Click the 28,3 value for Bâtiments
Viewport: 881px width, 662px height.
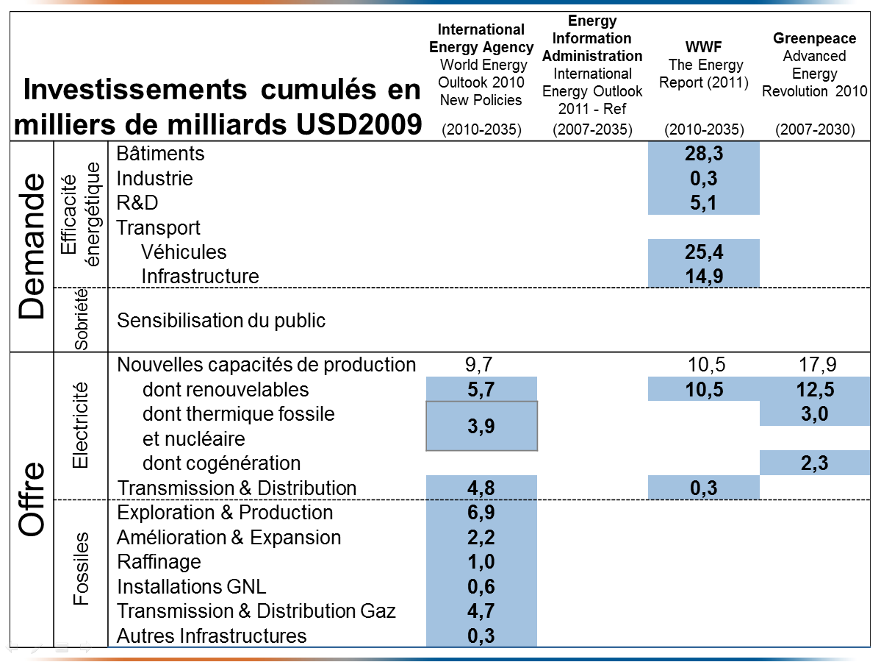(x=703, y=154)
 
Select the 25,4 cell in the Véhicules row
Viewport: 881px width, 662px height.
(x=703, y=252)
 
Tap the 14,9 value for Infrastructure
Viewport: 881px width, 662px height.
(x=703, y=277)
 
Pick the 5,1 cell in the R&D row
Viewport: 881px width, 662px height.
(x=703, y=202)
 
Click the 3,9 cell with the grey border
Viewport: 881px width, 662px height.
(x=482, y=426)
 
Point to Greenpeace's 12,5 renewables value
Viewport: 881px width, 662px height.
(x=814, y=389)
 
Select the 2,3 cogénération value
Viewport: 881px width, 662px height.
(x=814, y=463)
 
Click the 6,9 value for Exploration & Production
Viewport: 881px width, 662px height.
(x=481, y=513)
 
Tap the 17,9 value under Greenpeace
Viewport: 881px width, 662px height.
(x=814, y=364)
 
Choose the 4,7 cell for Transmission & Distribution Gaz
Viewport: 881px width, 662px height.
(x=481, y=611)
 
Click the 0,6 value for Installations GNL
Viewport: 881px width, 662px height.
(x=481, y=586)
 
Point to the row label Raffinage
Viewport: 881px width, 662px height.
(x=159, y=562)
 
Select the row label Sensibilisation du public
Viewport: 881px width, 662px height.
(x=221, y=321)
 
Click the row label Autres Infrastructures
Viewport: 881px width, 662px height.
(x=212, y=636)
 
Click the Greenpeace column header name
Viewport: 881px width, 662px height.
(x=814, y=38)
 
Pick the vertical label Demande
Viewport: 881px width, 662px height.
(x=32, y=246)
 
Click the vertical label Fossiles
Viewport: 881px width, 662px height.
(x=81, y=569)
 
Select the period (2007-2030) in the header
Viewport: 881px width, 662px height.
(x=814, y=129)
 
